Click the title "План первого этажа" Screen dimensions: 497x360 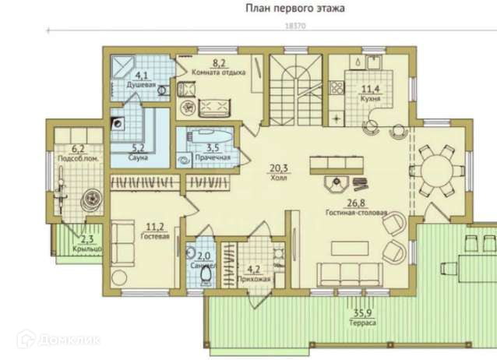click(x=295, y=9)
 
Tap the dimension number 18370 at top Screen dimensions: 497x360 click(x=296, y=26)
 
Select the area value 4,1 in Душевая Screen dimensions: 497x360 click(x=141, y=76)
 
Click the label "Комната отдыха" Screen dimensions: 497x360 click(x=219, y=72)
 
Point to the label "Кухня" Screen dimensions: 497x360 click(x=370, y=99)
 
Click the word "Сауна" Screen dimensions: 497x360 click(x=139, y=157)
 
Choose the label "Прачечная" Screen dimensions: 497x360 click(x=213, y=157)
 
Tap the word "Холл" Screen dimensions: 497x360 click(x=279, y=178)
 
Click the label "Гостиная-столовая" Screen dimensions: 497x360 click(x=357, y=213)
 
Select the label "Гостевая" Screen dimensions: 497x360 click(x=155, y=236)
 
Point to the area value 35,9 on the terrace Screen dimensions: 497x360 click(x=362, y=313)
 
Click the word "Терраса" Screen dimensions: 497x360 click(x=362, y=323)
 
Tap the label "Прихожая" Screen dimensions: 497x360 click(x=254, y=279)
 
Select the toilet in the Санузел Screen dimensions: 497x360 click(x=206, y=275)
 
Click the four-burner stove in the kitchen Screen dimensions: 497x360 click(x=337, y=87)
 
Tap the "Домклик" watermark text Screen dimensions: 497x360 click(x=69, y=340)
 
